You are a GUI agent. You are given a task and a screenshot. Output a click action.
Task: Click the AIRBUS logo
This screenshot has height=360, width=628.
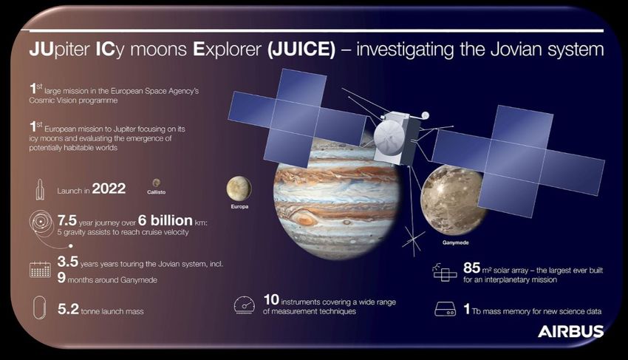[x=570, y=331]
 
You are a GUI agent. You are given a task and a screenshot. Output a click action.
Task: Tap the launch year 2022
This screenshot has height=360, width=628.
[x=109, y=189]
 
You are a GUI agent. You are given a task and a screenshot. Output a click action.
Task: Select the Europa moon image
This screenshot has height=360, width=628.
[x=239, y=189]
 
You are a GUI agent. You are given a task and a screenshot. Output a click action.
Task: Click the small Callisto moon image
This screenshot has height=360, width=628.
[x=156, y=183]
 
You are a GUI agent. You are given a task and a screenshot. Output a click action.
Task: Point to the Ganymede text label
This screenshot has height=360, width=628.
[x=455, y=242]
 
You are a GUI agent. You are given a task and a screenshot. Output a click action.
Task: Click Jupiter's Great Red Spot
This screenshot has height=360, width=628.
[x=304, y=219]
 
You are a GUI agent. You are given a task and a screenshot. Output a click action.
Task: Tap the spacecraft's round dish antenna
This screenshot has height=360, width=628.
[x=389, y=137]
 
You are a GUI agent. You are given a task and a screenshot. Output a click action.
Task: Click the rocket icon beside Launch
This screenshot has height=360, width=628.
[x=40, y=189]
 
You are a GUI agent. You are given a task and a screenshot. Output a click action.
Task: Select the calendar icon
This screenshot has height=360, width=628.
[x=40, y=269]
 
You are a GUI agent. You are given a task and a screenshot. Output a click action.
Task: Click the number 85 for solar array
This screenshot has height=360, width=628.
[x=472, y=268]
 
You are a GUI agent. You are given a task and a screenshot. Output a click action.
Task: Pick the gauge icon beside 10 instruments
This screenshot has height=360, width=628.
[x=245, y=305]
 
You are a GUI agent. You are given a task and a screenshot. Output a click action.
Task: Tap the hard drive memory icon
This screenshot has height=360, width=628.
[x=445, y=309]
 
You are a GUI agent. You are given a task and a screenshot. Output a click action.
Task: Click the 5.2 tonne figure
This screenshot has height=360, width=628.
[x=68, y=309]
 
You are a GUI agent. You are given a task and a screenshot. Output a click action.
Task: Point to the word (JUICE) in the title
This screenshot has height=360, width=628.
[x=301, y=50]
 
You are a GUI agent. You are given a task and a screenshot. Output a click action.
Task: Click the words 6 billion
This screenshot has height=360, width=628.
[x=165, y=220]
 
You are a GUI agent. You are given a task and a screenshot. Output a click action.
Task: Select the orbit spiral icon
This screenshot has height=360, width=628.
[x=41, y=223]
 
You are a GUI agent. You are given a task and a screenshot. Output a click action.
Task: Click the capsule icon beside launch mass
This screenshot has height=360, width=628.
[x=40, y=308]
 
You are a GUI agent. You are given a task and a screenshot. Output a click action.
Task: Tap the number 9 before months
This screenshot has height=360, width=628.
[x=61, y=277]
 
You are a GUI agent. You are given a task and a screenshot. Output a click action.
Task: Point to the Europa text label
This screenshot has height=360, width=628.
[x=239, y=206]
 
